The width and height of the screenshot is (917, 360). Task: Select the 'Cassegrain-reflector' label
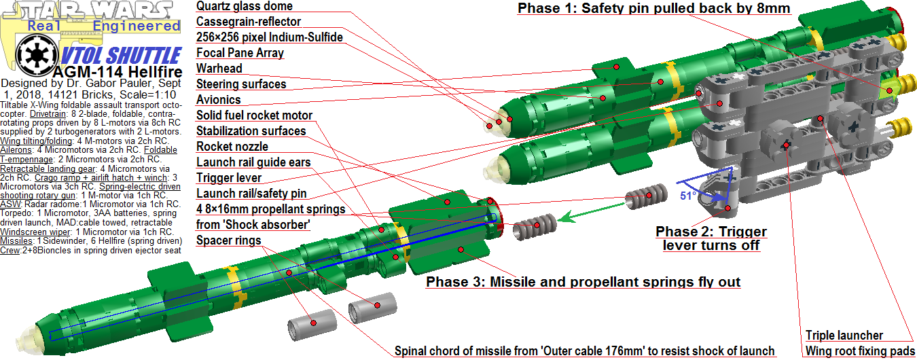pos(249,22)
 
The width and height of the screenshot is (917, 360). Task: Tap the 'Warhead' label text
pos(219,69)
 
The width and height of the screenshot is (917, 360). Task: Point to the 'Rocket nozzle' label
pos(232,147)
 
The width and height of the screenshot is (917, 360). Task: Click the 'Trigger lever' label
pos(228,178)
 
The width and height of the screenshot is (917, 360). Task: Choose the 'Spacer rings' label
pos(228,240)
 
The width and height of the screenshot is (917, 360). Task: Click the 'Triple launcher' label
pos(844,336)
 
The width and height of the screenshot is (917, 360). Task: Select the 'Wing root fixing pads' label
pos(859,351)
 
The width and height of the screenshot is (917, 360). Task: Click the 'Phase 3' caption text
pos(583,282)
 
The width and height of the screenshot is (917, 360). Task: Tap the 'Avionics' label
pos(218,100)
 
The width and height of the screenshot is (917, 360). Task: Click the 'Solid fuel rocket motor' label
pos(254,115)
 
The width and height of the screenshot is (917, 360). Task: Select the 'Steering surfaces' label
pos(241,84)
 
